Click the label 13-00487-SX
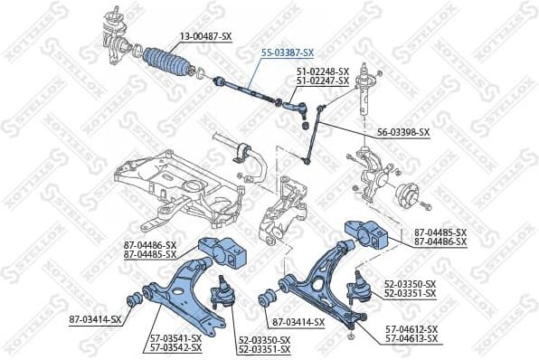[205, 36]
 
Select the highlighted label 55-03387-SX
[287, 52]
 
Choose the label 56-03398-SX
[403, 132]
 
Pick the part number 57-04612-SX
[411, 329]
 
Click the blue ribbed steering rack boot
[165, 62]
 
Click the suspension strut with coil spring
[367, 90]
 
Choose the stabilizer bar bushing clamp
[241, 153]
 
